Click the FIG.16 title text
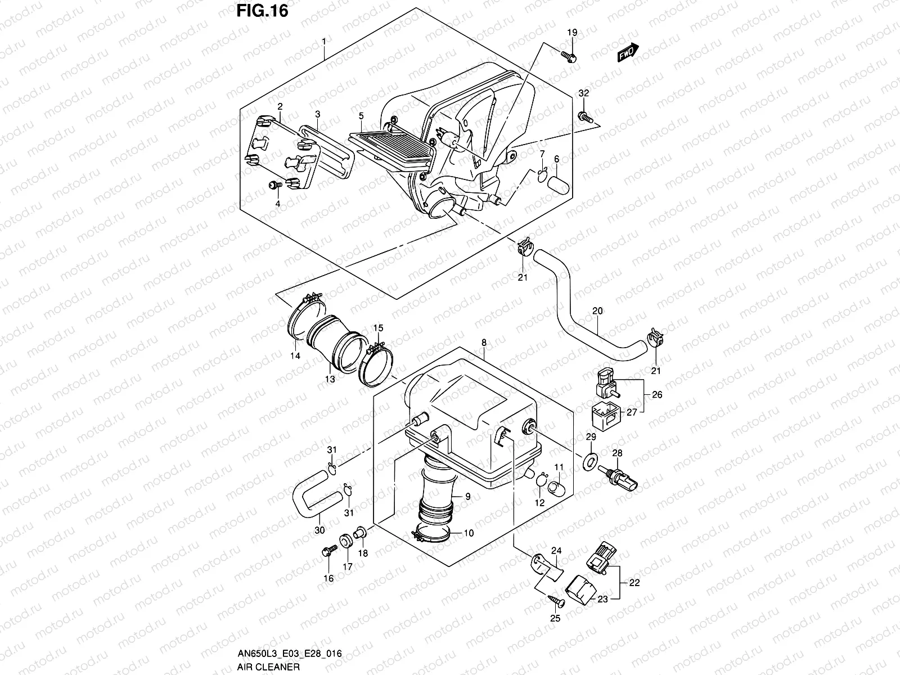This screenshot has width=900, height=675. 263,11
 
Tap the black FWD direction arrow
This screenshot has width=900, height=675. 628,52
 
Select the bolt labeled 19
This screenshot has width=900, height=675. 568,56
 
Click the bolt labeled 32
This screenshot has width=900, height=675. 585,117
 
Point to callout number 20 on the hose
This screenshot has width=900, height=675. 597,311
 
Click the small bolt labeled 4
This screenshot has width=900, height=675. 274,186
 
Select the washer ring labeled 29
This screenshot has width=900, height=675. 590,462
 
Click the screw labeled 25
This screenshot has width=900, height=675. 556,601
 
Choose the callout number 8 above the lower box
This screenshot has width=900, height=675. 484,343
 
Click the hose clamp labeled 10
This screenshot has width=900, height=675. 430,534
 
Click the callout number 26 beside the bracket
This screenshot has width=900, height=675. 657,395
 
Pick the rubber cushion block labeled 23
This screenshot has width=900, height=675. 579,589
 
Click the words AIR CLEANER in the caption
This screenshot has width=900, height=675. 268,667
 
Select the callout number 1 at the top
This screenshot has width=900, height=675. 324,42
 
